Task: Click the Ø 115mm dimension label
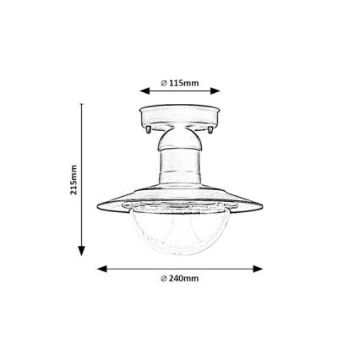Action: point(179,83)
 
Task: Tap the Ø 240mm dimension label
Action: point(179,278)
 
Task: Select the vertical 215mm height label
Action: point(74,178)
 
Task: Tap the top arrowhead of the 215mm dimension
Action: point(83,108)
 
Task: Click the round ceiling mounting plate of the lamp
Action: point(179,116)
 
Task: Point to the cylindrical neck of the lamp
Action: point(179,168)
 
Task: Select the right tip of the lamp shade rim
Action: point(262,205)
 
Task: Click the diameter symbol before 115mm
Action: point(163,83)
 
